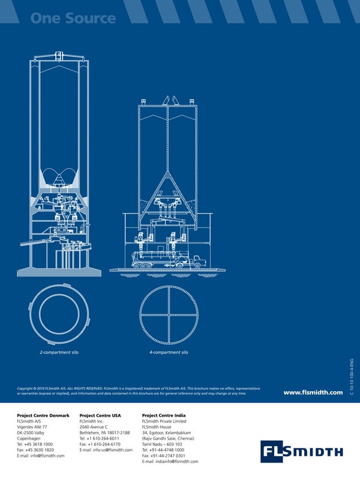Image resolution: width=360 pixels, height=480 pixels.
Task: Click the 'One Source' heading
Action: [73, 18]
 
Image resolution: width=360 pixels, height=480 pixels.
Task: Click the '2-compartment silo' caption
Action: [59, 352]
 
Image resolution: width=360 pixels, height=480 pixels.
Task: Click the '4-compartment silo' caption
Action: [169, 352]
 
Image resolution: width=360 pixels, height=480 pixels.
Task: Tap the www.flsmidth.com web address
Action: [313, 392]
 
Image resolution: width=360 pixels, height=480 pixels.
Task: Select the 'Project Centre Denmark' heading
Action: [43, 415]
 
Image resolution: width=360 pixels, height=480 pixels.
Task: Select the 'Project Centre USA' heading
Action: [100, 415]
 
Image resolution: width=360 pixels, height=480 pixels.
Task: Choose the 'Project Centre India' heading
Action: [164, 415]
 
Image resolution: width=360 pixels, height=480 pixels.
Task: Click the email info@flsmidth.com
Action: [41, 456]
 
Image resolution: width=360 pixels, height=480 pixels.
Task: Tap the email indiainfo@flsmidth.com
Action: [170, 461]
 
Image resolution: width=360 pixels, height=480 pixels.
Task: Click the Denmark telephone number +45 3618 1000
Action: [35, 444]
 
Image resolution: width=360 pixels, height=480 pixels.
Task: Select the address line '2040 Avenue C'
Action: [94, 427]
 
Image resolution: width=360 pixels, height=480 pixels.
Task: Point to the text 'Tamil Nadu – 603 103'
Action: [162, 444]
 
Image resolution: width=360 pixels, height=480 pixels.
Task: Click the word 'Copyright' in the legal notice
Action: [26, 389]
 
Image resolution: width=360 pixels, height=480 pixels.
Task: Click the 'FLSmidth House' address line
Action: [157, 427]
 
